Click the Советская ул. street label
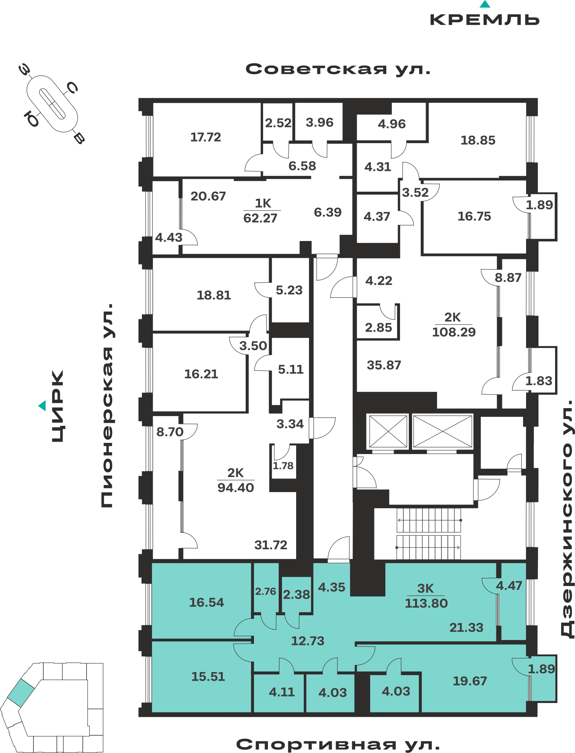pyautogui.click(x=338, y=69)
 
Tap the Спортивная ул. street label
pyautogui.click(x=338, y=744)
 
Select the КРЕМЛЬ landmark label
pyautogui.click(x=485, y=20)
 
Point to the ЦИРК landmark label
pyautogui.click(x=58, y=406)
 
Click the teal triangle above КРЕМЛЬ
pyautogui.click(x=485, y=4)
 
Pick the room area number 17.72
pyautogui.click(x=205, y=137)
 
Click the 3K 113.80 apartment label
pyautogui.click(x=426, y=596)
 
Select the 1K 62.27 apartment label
pyautogui.click(x=262, y=210)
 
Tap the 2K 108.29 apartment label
pyautogui.click(x=453, y=325)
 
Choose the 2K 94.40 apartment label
pyautogui.click(x=236, y=480)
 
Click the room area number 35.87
pyautogui.click(x=384, y=365)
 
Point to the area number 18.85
pyautogui.click(x=478, y=140)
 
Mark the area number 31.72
pyautogui.click(x=271, y=545)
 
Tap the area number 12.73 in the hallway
pyautogui.click(x=307, y=641)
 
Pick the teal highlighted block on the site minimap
pyautogui.click(x=21, y=693)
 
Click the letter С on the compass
pyautogui.click(x=72, y=88)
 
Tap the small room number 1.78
pyautogui.click(x=283, y=466)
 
